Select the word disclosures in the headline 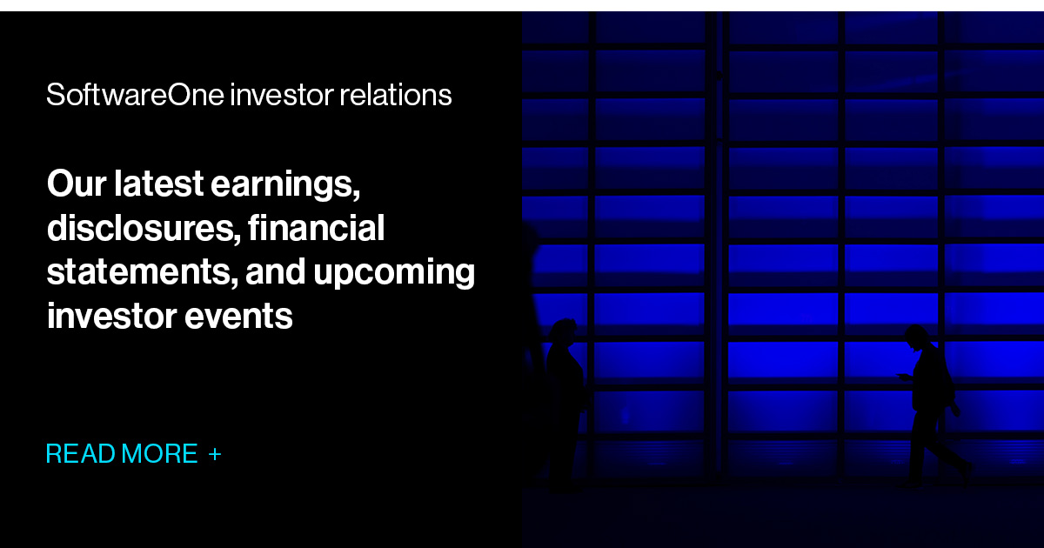point(143,228)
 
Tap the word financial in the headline point(317,228)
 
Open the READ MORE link point(122,454)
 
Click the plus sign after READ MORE point(215,454)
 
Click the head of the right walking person point(915,336)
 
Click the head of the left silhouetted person point(564,331)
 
